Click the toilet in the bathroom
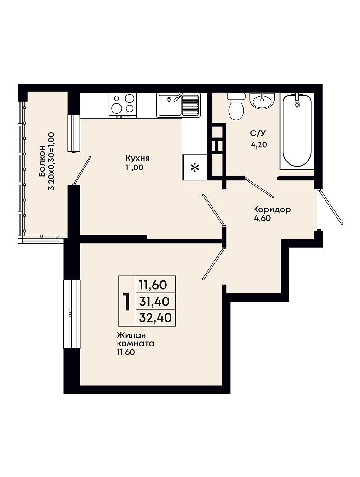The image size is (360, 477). point(236,107)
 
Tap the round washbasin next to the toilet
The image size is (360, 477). point(262,100)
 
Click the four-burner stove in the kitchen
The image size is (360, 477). point(123,105)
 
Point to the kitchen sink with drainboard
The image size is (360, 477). point(178,105)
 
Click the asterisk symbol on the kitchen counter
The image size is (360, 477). point(195,167)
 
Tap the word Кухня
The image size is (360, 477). point(138,158)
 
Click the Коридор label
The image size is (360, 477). point(272,209)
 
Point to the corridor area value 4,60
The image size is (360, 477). point(262,218)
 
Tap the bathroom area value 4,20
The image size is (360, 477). point(259,144)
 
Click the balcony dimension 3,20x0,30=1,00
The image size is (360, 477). point(51,161)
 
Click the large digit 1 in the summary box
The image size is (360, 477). point(126,302)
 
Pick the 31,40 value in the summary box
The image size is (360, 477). point(154,302)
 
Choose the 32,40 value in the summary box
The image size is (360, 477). point(155,317)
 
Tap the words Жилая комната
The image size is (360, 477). point(136,340)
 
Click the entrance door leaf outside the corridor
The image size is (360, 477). point(331,207)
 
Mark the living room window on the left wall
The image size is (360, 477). point(72,313)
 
